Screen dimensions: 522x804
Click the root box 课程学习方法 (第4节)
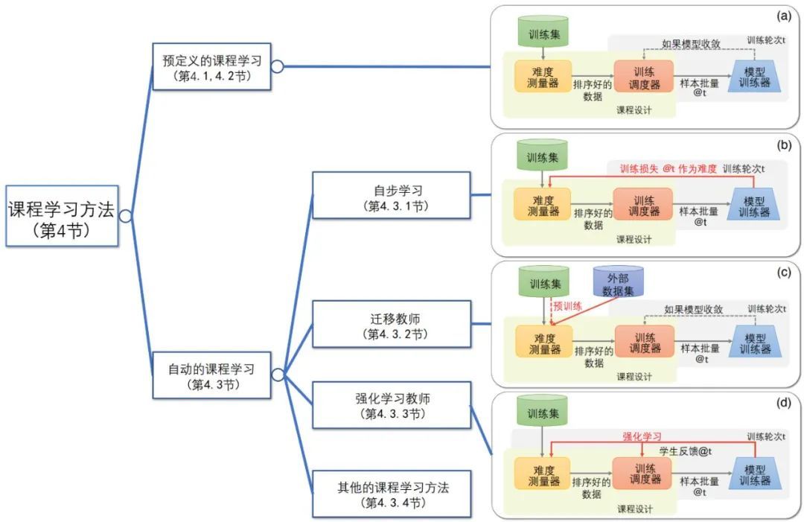pyautogui.click(x=61, y=216)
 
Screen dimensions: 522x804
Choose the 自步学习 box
pyautogui.click(x=392, y=195)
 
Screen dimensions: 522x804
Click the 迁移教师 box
pyautogui.click(x=392, y=325)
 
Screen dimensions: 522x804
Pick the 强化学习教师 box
pyautogui.click(x=392, y=404)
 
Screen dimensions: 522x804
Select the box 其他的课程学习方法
pyautogui.click(x=392, y=494)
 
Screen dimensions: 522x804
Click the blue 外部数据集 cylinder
pyautogui.click(x=618, y=284)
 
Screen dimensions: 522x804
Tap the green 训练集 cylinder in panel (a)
pyautogui.click(x=543, y=34)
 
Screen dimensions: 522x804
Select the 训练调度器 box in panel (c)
pyautogui.click(x=644, y=341)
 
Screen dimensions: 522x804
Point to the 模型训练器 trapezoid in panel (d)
pyautogui.click(x=755, y=473)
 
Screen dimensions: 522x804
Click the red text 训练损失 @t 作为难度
pyautogui.click(x=669, y=169)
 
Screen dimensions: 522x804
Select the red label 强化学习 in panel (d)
pyautogui.click(x=642, y=436)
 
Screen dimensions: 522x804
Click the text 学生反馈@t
pyautogui.click(x=686, y=451)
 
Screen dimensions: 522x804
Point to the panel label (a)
pyautogui.click(x=782, y=15)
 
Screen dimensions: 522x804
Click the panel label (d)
pyautogui.click(x=782, y=403)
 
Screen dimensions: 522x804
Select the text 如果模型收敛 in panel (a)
pyautogui.click(x=691, y=44)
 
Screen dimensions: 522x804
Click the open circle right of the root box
pyautogui.click(x=126, y=216)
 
